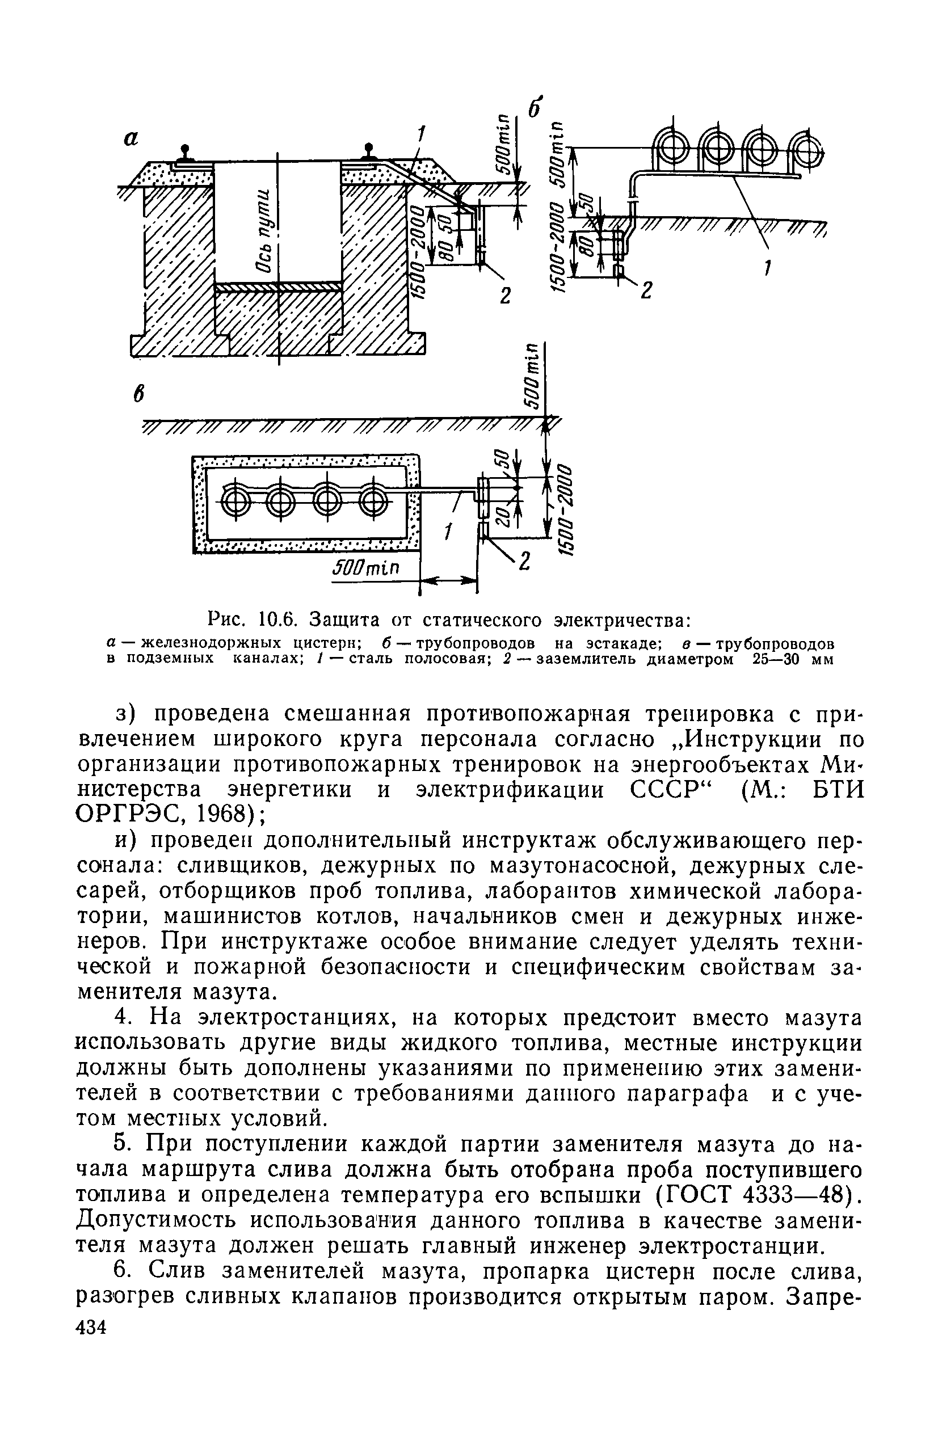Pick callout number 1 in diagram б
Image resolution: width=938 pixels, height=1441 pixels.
click(x=767, y=267)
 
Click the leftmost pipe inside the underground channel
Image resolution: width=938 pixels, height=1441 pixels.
click(x=233, y=500)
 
